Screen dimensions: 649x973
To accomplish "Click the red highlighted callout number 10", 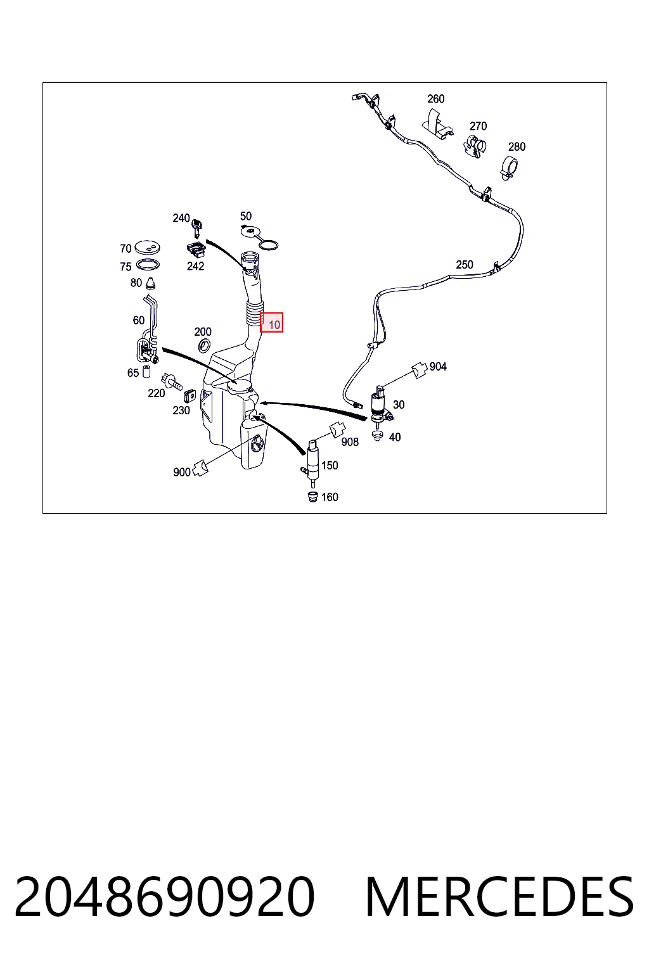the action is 274,324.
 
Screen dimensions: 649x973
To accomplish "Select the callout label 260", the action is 435,99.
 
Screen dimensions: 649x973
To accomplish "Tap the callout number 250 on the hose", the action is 465,265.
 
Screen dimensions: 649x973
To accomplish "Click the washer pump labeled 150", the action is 312,462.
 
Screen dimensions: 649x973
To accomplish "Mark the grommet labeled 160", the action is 312,497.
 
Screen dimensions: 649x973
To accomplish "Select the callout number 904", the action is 438,367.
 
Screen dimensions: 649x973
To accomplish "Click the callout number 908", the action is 350,442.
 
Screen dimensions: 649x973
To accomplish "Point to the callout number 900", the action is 182,472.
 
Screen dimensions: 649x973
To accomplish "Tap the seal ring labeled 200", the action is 204,347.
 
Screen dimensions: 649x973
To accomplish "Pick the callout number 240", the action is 181,218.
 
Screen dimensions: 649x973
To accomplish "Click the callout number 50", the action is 246,216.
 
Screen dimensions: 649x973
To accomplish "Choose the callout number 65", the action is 133,372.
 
